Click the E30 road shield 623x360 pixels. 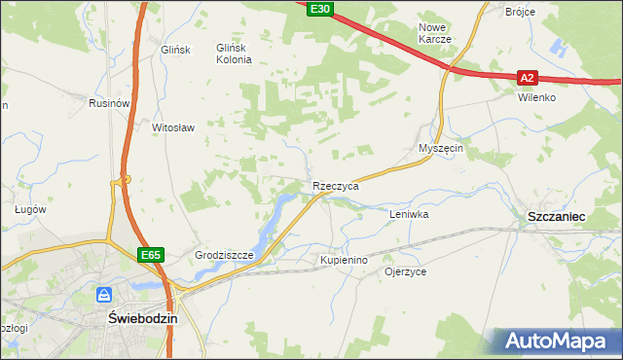(x=319, y=9)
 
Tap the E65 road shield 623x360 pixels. (x=150, y=255)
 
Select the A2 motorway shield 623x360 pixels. (x=527, y=78)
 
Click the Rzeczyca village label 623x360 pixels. (x=336, y=185)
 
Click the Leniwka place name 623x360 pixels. (x=409, y=213)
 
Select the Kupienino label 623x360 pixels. (x=344, y=261)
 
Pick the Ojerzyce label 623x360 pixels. (x=406, y=272)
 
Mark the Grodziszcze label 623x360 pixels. (x=224, y=256)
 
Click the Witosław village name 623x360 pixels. (x=174, y=127)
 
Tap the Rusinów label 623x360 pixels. (x=109, y=103)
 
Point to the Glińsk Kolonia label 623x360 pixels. (x=234, y=54)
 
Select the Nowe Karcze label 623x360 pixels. (x=434, y=33)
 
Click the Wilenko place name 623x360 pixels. (x=536, y=98)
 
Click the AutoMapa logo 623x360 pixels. (x=553, y=341)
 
